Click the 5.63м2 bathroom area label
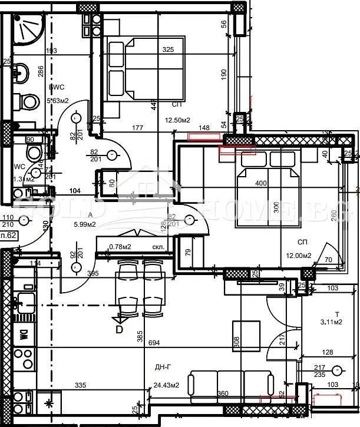pos(58,101)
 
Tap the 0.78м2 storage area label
pos(121,247)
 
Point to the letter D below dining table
pos(119,330)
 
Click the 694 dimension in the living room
pos(154,342)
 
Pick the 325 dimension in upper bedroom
pos(168,49)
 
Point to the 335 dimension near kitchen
pos(81,385)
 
